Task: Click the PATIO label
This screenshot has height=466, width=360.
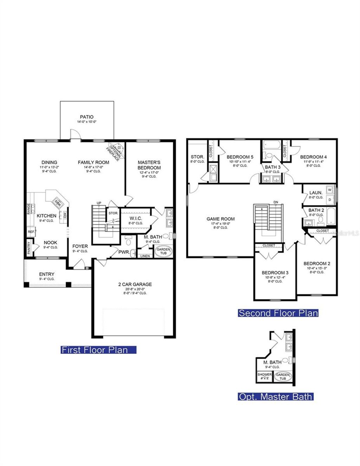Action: (x=86, y=117)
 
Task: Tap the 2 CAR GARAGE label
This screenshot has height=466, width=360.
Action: (x=135, y=284)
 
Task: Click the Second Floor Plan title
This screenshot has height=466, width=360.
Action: (x=278, y=313)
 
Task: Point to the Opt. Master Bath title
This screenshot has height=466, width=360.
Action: (x=276, y=397)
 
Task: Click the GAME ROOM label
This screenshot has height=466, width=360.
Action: (x=220, y=219)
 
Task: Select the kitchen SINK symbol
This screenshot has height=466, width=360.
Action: (x=57, y=202)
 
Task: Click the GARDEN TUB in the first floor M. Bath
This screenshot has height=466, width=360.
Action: (x=163, y=251)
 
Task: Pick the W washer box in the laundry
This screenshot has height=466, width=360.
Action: (x=329, y=190)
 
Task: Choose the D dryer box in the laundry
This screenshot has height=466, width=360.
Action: (x=329, y=199)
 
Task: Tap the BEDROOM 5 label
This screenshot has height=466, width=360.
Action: (x=240, y=157)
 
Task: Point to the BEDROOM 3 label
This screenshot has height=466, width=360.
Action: (x=275, y=273)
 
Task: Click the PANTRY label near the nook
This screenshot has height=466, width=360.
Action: (x=29, y=248)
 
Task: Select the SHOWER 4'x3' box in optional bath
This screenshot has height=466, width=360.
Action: (x=265, y=376)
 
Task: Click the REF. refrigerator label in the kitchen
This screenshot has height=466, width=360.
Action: (x=31, y=232)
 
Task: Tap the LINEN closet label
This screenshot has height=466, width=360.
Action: (x=145, y=256)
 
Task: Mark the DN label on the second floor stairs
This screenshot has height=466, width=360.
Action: (x=276, y=202)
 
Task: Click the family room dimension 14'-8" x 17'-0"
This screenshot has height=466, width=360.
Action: (x=93, y=167)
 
